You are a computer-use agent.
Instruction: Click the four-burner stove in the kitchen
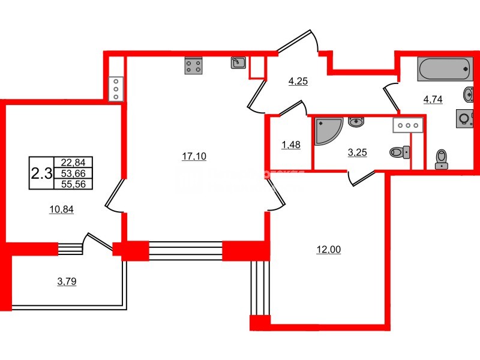[193, 66]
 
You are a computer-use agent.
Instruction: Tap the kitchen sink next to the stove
[238, 62]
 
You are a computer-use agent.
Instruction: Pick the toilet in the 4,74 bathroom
[442, 157]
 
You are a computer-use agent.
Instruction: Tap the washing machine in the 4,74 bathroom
[464, 118]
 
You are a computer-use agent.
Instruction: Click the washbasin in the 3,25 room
[356, 122]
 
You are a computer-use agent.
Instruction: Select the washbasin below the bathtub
[468, 94]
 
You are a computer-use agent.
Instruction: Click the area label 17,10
[194, 156]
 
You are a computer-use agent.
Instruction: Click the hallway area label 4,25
[298, 82]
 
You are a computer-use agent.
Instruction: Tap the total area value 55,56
[73, 184]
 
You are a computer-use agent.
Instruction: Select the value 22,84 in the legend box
[73, 162]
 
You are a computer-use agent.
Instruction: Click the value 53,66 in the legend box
[73, 173]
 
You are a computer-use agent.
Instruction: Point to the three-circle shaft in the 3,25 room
[408, 125]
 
